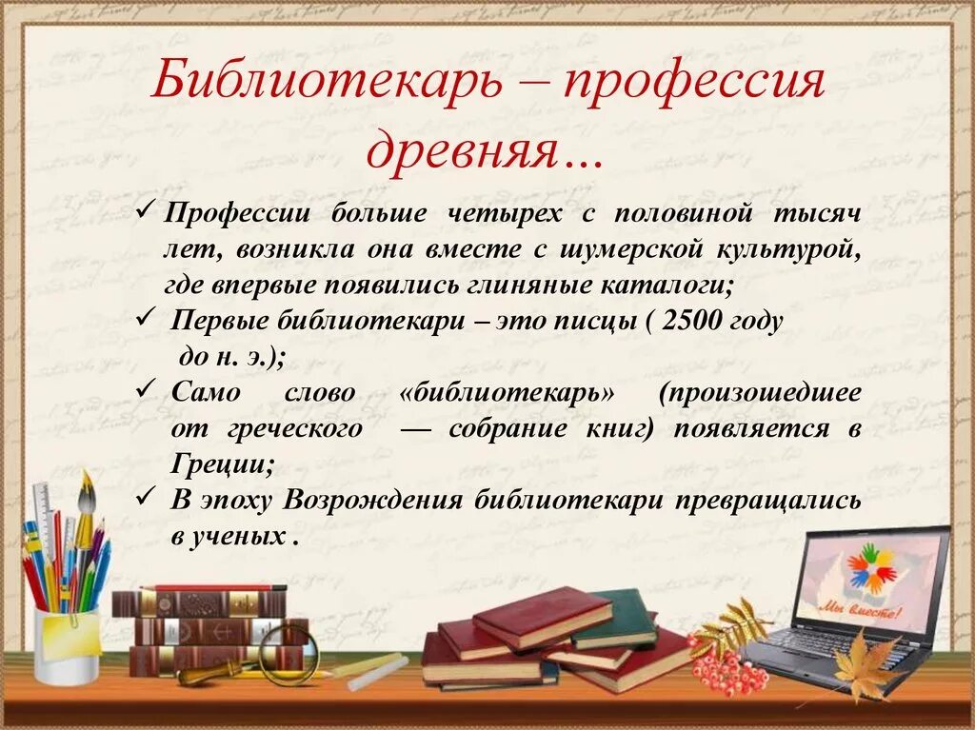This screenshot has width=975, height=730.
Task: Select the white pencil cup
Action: click(67, 645)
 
